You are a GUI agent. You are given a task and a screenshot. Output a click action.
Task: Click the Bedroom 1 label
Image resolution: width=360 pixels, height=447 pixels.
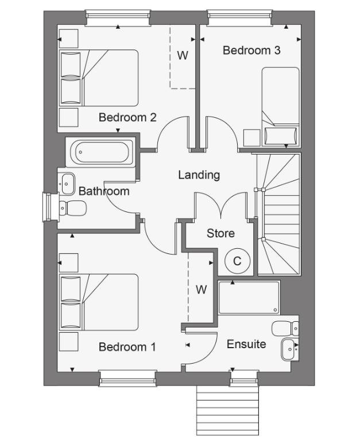pyautogui.click(x=127, y=347)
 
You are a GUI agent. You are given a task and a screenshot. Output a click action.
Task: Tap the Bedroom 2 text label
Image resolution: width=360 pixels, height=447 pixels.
pyautogui.click(x=127, y=117)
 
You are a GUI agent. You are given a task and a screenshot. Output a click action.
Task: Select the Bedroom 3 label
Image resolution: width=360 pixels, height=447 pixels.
pyautogui.click(x=251, y=51)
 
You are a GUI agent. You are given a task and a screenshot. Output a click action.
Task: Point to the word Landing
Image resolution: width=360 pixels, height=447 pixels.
pyautogui.click(x=199, y=175)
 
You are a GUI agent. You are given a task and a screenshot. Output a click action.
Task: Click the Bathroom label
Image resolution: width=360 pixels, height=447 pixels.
pyautogui.click(x=104, y=191)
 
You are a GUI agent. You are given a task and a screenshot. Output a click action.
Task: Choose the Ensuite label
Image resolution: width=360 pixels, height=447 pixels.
pyautogui.click(x=246, y=344)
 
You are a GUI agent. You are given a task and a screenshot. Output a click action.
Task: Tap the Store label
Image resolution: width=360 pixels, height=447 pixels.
pyautogui.click(x=220, y=233)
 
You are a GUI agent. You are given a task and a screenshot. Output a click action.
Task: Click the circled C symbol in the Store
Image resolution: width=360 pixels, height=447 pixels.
pyautogui.click(x=237, y=261)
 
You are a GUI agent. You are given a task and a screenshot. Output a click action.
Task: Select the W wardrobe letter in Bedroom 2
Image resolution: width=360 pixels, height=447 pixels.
pyautogui.click(x=183, y=56)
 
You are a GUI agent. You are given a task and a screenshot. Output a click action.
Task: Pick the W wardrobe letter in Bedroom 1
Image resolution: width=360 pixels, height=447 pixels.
pyautogui.click(x=201, y=290)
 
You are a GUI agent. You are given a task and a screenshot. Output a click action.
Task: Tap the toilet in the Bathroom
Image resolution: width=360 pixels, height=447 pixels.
pyautogui.click(x=72, y=207)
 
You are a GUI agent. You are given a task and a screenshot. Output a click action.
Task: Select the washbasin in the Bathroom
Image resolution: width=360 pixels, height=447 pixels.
pyautogui.click(x=67, y=184)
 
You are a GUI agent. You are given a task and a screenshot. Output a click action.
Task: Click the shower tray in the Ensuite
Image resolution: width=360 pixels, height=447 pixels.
pyautogui.click(x=249, y=298)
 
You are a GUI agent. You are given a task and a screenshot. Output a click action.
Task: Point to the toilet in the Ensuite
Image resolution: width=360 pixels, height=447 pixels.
pyautogui.click(x=285, y=329)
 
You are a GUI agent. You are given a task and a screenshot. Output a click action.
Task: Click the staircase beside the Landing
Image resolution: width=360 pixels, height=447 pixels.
pyautogui.click(x=279, y=213)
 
